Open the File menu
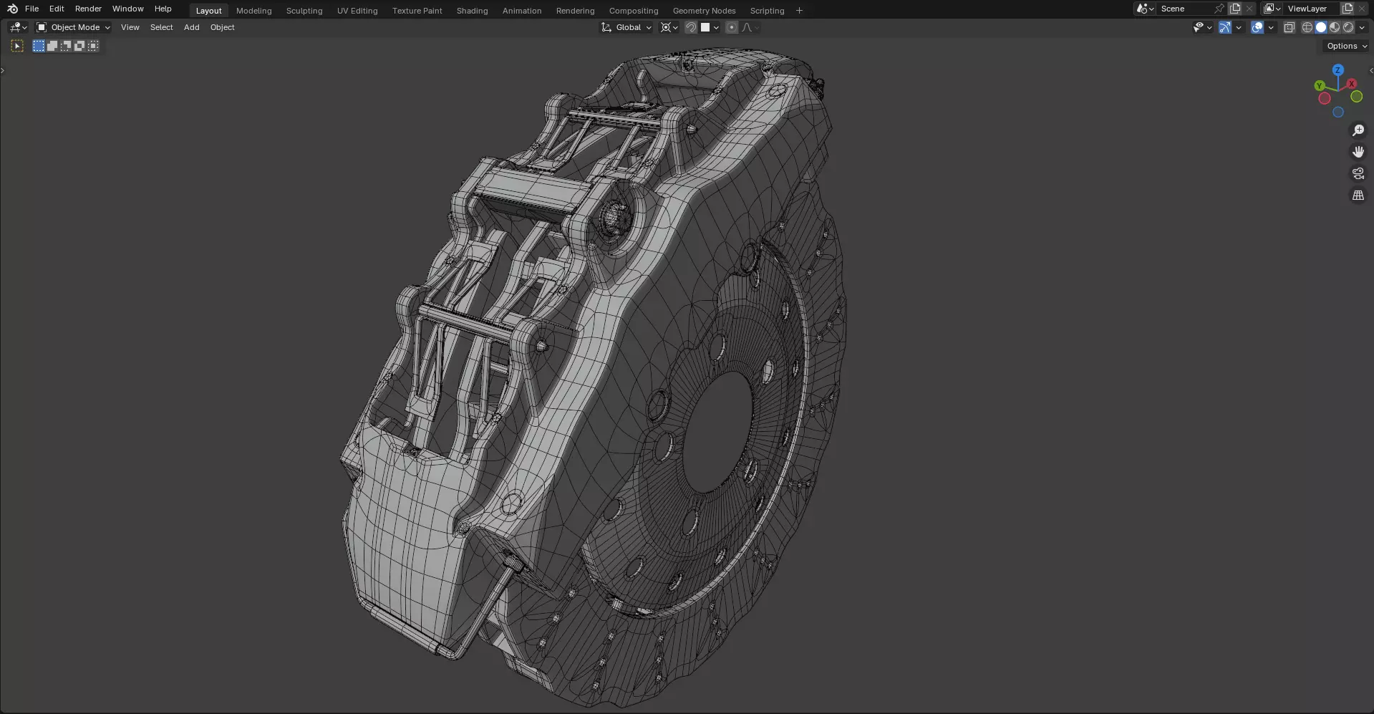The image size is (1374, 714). coord(32,9)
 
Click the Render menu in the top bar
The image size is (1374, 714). coord(88,9)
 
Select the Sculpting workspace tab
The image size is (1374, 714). coord(304,11)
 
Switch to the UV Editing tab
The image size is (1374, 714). coord(357,11)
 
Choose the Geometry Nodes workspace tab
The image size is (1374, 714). coord(703,11)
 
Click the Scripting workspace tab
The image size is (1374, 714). coord(766,11)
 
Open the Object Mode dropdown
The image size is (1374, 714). coord(74,27)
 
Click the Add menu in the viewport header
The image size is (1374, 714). coord(191,27)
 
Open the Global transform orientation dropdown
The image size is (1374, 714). coord(627,27)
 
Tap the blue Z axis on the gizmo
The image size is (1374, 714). coord(1337,70)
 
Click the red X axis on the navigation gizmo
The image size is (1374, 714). coord(1351,84)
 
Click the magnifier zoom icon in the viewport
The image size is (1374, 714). coord(1358,130)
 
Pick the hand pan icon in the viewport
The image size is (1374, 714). coord(1358,152)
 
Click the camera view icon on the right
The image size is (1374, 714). coord(1358,173)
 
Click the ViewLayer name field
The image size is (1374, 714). coord(1310,9)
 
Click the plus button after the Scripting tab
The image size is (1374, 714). coord(799,11)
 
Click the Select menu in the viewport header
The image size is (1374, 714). coord(161,27)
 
